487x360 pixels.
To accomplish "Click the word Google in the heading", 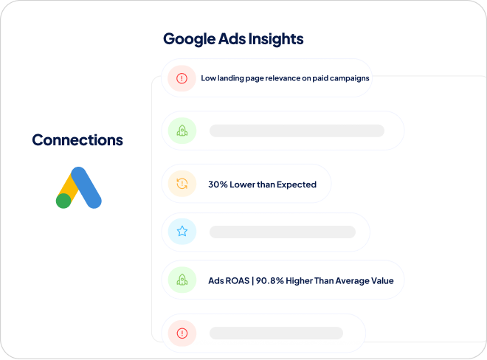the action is pos(190,39).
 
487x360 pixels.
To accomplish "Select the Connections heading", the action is pos(77,139).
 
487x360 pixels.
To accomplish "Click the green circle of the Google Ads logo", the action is pos(63,201).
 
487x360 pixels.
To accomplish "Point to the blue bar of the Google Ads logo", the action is pos(86,187).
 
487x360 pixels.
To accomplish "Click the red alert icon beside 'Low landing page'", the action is pos(182,78).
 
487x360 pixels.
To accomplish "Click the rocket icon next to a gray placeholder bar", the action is pos(182,131).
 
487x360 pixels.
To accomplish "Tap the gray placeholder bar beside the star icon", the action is pos(283,232).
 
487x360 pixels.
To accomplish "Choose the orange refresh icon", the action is pos(182,184).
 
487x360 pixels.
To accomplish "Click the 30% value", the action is pos(218,184).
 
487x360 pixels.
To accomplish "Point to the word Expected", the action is pos(297,185).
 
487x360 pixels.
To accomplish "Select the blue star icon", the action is pos(182,231).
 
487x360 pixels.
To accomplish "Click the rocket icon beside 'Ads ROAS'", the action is pos(182,280).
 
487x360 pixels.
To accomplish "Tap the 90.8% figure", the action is pos(270,281).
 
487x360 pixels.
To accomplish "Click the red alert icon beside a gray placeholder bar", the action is pos(182,333).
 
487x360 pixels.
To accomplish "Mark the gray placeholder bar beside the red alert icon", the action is pos(276,333).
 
